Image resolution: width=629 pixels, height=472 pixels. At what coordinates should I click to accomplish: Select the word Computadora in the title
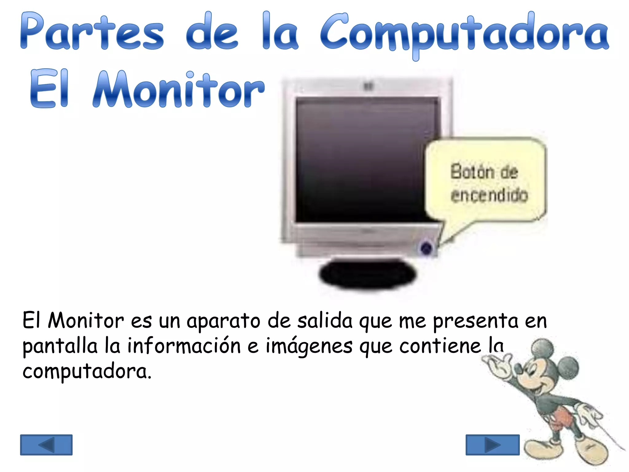464,34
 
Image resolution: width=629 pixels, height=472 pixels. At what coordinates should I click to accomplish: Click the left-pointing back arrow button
46,445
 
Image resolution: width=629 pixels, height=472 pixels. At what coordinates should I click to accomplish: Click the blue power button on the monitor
426,248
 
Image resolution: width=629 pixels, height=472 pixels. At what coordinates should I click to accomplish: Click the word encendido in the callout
489,195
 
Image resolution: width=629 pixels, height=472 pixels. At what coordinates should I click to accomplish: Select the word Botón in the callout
472,171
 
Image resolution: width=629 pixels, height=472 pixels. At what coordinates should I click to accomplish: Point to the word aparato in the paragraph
223,321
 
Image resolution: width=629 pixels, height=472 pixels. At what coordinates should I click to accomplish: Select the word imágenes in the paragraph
309,347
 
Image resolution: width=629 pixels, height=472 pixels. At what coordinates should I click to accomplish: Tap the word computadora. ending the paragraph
87,371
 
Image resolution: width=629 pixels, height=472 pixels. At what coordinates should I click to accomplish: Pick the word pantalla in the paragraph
60,347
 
